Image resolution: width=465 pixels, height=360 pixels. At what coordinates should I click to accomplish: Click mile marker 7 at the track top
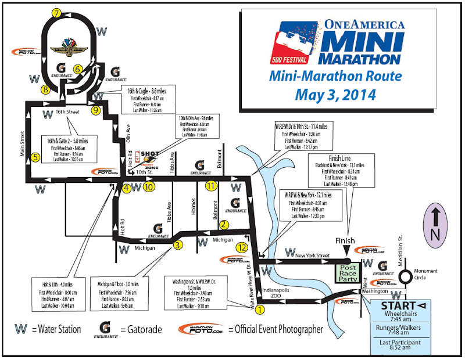(x=56, y=13)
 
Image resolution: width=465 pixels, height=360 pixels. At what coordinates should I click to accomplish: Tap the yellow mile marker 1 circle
(x=260, y=309)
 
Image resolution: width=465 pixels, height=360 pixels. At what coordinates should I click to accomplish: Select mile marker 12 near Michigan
(x=242, y=247)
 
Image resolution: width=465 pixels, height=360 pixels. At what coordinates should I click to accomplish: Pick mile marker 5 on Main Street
(x=35, y=157)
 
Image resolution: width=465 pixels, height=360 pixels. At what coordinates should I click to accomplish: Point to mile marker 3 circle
(x=178, y=245)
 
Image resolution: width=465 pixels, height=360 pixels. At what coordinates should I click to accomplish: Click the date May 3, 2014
(x=337, y=93)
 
